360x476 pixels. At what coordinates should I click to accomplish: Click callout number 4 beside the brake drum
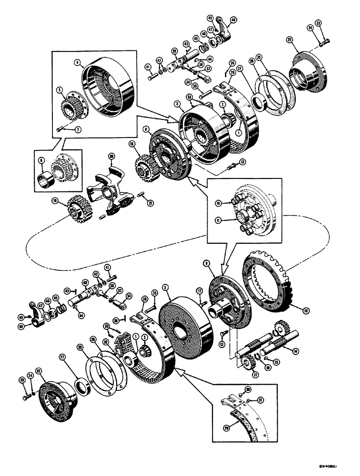[76, 61]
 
